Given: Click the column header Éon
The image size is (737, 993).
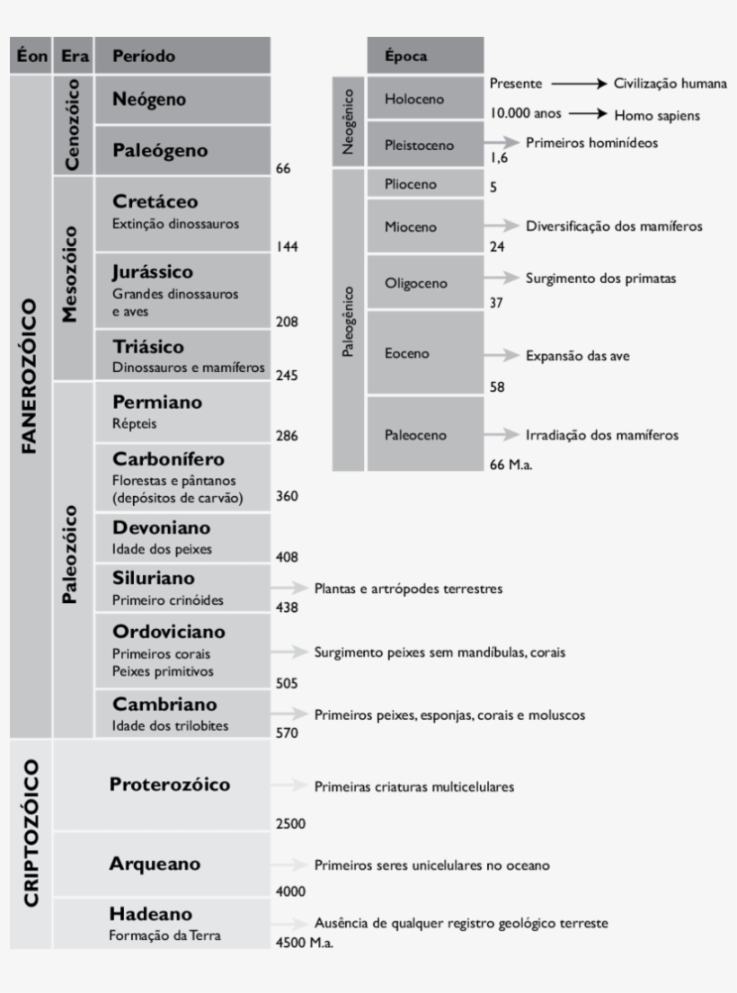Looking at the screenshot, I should coord(31,56).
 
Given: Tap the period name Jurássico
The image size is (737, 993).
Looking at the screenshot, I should coord(153,271).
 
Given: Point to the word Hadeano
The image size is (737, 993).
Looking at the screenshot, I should coord(150,914).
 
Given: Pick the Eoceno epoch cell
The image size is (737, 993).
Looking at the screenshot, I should coord(406,354).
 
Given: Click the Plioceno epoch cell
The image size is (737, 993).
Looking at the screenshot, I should coord(410,184).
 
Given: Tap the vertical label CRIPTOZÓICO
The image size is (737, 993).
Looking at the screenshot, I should coord(31,832).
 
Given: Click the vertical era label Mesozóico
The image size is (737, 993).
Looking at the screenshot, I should coord(72,279).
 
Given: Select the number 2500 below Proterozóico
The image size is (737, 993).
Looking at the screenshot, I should coord(290,823).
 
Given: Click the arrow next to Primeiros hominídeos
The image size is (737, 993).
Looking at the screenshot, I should coord(502,143).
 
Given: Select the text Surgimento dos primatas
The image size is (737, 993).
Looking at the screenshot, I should coord(600,279).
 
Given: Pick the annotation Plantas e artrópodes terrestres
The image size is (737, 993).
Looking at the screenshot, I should coord(408,590).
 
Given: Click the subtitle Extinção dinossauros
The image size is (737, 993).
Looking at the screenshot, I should coord(176,224).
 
